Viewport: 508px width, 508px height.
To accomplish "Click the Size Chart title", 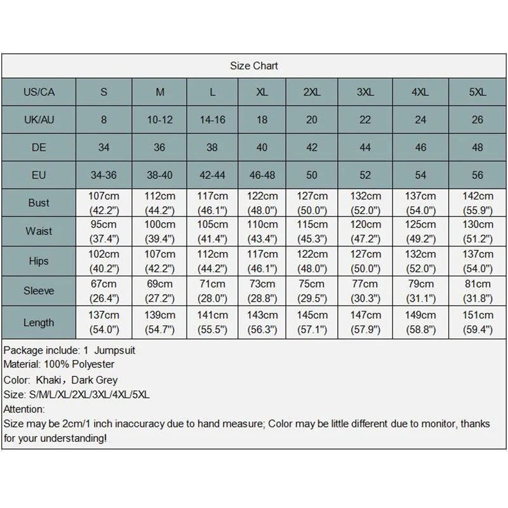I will click(253, 66).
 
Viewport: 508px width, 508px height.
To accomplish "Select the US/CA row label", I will click(39, 92).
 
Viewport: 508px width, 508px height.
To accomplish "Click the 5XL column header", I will click(477, 92).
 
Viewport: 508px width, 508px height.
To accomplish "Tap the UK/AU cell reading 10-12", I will click(159, 119).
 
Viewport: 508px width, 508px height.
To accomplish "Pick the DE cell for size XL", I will click(262, 147).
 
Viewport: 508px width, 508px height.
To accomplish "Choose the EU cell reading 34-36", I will click(104, 175).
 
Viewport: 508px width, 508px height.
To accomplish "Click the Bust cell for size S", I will click(104, 202).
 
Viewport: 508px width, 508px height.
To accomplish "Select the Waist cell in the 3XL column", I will click(365, 231).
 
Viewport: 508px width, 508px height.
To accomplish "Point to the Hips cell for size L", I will click(213, 261).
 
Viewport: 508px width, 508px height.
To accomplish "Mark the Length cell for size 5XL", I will click(478, 322).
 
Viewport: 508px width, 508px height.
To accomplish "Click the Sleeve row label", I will click(39, 291).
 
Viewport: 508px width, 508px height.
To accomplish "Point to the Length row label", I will click(39, 322).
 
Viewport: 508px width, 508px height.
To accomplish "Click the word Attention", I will click(24, 410).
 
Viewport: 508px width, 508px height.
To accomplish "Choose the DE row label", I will click(39, 147).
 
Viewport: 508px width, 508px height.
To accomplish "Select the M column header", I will click(159, 92).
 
